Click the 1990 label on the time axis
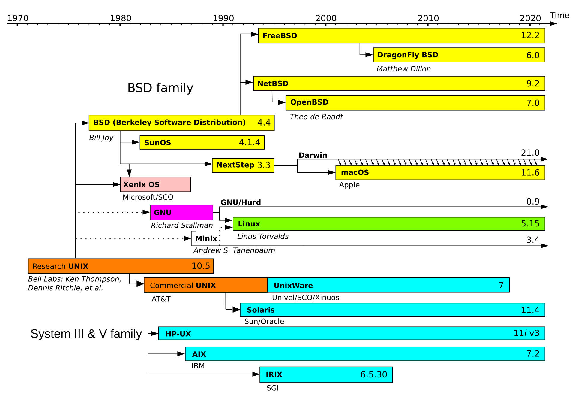[x=223, y=18]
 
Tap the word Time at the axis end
[x=559, y=15]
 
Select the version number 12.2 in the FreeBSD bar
[x=530, y=35]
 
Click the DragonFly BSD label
[x=408, y=55]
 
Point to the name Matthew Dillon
[x=403, y=69]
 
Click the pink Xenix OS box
[x=155, y=184]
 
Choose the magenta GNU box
[x=181, y=212]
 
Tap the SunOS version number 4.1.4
[x=249, y=142]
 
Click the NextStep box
[x=243, y=165]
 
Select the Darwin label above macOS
[x=313, y=155]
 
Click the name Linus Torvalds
[x=263, y=237]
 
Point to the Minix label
[x=206, y=239]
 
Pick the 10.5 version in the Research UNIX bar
[x=201, y=266]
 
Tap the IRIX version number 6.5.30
[x=373, y=374]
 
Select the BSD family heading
[x=160, y=88]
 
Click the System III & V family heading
[x=86, y=334]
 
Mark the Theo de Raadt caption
[x=316, y=117]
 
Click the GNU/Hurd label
[x=241, y=202]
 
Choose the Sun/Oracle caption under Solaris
[x=264, y=322]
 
